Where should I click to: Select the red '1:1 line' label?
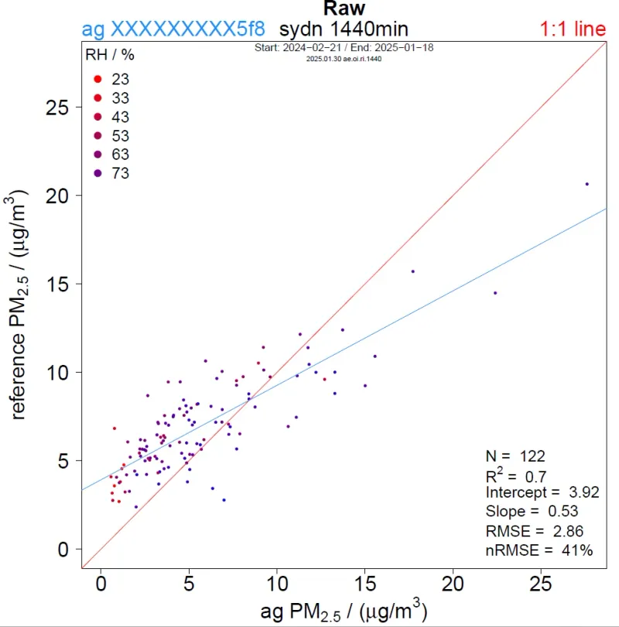click(573, 29)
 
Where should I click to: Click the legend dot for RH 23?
click(97, 80)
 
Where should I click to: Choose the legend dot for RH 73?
click(97, 173)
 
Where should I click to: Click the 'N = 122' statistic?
click(516, 456)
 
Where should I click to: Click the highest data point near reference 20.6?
click(587, 184)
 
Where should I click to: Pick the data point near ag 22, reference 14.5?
click(495, 293)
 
